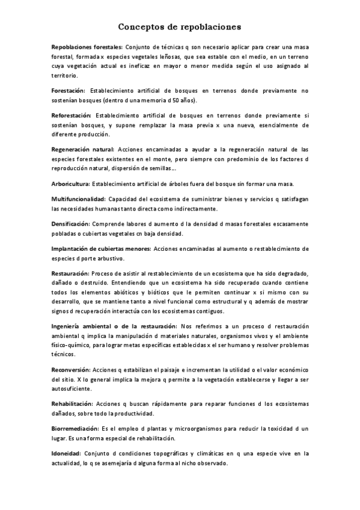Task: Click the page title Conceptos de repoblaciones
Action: pos(180,26)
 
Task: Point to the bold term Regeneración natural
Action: pos(82,148)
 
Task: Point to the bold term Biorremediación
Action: pos(75,428)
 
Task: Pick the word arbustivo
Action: pos(108,258)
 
